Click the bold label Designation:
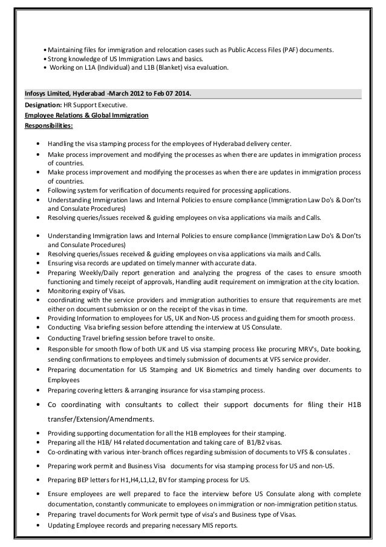pyautogui.click(x=44, y=105)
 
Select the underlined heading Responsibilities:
pyautogui.click(x=48, y=126)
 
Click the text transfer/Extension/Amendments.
pyautogui.click(x=97, y=419)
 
